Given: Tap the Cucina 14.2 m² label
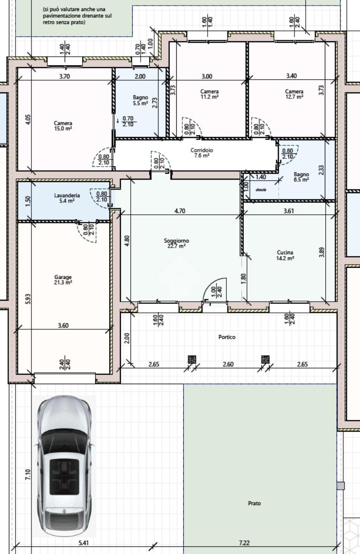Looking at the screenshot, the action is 285,255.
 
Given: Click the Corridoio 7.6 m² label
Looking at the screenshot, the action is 202,152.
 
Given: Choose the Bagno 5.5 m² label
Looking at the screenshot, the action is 140,100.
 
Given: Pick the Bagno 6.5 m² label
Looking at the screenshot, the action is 301,177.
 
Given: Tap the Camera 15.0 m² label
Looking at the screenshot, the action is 63,126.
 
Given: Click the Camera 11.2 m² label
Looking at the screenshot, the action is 209,94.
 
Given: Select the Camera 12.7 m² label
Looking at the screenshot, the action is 294,94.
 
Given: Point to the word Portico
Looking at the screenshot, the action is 226,337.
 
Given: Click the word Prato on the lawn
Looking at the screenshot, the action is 254,503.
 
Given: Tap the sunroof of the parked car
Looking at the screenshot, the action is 64,477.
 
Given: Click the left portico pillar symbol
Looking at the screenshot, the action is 192,359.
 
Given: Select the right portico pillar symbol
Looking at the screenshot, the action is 265,359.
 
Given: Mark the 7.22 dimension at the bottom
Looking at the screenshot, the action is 244,542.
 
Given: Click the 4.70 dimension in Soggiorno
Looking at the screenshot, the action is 180,211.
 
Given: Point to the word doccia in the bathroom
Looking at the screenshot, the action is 261,190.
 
